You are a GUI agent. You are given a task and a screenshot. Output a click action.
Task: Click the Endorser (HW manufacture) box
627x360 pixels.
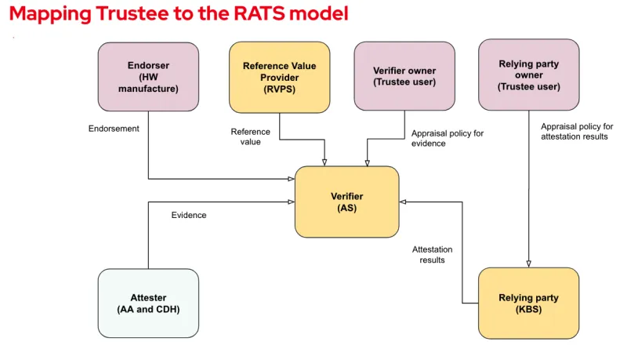pyautogui.click(x=148, y=77)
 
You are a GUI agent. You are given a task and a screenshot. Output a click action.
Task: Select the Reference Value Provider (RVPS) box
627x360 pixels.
pyautogui.click(x=279, y=77)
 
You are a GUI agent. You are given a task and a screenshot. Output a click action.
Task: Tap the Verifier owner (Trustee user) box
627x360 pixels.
pyautogui.click(x=404, y=77)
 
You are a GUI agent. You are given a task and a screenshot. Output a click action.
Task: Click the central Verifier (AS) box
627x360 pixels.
pyautogui.click(x=346, y=202)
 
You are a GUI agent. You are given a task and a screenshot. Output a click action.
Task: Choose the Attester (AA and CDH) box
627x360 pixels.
pyautogui.click(x=148, y=303)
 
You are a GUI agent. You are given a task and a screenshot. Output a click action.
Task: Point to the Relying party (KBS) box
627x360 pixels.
pyautogui.click(x=529, y=303)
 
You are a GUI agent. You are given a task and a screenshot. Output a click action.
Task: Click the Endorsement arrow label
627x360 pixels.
pyautogui.click(x=114, y=129)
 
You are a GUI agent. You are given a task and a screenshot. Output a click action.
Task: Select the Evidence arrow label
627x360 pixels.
pyautogui.click(x=189, y=215)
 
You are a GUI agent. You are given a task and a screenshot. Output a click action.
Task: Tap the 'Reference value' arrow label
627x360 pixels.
pyautogui.click(x=250, y=136)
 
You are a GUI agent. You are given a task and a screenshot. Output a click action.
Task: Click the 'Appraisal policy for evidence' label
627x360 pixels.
pyautogui.click(x=448, y=138)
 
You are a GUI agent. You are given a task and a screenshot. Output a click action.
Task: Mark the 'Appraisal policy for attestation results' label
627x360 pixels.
pyautogui.click(x=577, y=131)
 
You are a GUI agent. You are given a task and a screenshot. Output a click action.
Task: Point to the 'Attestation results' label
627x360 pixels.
pyautogui.click(x=433, y=254)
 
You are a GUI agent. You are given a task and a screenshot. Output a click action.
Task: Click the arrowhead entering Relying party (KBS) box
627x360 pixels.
pyautogui.click(x=529, y=264)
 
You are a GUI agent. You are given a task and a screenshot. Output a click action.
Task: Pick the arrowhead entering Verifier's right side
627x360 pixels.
pyautogui.click(x=403, y=202)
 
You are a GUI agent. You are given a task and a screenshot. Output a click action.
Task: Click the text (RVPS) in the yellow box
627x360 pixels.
pyautogui.click(x=279, y=89)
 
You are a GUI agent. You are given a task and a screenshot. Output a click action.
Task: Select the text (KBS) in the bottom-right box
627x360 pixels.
pyautogui.click(x=529, y=310)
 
